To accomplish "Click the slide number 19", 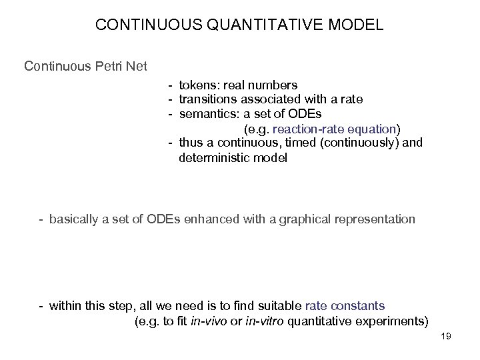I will [446, 337].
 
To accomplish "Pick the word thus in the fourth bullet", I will [191, 143].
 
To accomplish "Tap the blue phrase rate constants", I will [345, 306].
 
